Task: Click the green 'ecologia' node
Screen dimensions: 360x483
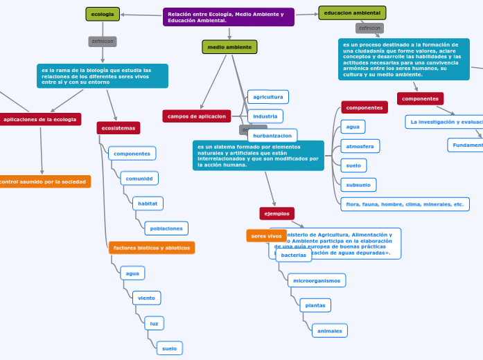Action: tap(103, 14)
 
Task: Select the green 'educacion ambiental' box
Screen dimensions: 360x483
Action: tap(352, 13)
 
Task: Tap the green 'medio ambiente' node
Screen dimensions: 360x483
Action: tap(229, 47)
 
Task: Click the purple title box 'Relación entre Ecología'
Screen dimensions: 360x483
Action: tap(228, 17)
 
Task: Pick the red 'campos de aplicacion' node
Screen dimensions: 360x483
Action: tap(197, 116)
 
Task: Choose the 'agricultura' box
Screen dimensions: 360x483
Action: tap(267, 97)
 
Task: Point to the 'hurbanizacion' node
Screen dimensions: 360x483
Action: tap(272, 136)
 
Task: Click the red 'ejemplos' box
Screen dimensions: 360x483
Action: tap(276, 213)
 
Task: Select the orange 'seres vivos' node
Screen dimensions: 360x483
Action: tap(266, 236)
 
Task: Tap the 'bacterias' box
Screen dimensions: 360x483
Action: tap(294, 255)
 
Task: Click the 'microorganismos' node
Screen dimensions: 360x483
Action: tap(317, 280)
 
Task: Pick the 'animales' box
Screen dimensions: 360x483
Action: tap(329, 331)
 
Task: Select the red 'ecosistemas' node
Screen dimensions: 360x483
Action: tap(118, 128)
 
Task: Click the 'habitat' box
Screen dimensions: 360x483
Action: tap(148, 204)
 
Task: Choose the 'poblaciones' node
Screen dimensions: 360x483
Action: tap(166, 228)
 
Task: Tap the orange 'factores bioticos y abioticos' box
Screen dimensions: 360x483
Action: tap(151, 248)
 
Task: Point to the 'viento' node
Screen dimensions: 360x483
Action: tap(146, 298)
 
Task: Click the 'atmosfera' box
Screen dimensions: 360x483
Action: tap(360, 146)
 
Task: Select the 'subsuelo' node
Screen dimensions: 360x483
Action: tap(358, 184)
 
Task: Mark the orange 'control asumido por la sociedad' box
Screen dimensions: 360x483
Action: tap(43, 182)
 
